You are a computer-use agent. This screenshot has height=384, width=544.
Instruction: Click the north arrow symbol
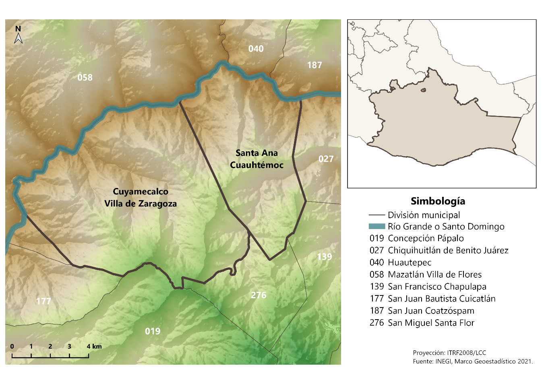18,35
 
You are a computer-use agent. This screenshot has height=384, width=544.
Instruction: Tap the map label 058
85,77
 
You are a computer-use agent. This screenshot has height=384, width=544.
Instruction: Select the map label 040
256,49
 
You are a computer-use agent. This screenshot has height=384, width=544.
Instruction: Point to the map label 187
314,65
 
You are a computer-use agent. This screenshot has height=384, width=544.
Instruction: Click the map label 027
326,159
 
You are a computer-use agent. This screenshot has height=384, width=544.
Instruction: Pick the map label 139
325,257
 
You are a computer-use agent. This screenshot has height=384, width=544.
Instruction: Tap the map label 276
259,295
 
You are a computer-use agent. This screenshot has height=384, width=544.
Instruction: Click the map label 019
153,331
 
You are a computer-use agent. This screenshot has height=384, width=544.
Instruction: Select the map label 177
43,301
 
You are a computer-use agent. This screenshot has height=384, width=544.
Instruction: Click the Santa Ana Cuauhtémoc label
256,159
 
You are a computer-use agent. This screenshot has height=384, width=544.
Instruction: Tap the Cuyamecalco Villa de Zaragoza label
141,198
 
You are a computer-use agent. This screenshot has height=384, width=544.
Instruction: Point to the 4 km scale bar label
94,346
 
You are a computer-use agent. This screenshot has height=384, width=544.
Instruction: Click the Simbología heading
438,201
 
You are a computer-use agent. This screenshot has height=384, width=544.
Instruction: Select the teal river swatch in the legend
376,226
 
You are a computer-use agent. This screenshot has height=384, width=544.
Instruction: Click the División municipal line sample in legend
376,215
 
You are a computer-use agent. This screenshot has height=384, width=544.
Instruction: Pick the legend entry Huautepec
410,262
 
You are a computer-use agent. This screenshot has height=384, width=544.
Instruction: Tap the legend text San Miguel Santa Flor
431,323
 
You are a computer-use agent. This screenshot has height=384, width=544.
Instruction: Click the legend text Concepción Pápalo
426,238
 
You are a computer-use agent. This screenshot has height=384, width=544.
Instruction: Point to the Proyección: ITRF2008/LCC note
449,353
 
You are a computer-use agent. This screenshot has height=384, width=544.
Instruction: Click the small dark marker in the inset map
423,90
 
